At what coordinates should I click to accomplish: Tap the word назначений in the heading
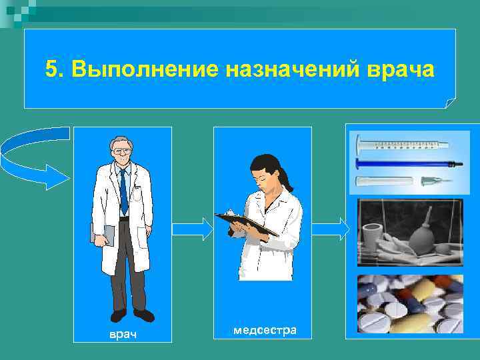click(x=297, y=69)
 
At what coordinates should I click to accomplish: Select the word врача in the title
click(x=400, y=69)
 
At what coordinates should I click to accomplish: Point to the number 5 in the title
click(x=51, y=69)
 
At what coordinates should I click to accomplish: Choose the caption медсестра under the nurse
click(x=261, y=329)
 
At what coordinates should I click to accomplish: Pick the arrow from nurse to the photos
click(x=330, y=229)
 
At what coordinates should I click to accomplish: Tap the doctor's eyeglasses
click(x=122, y=151)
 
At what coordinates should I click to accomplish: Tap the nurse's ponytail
click(x=285, y=178)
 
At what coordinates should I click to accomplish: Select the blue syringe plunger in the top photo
click(x=407, y=163)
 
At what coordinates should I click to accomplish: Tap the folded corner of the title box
click(x=450, y=103)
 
